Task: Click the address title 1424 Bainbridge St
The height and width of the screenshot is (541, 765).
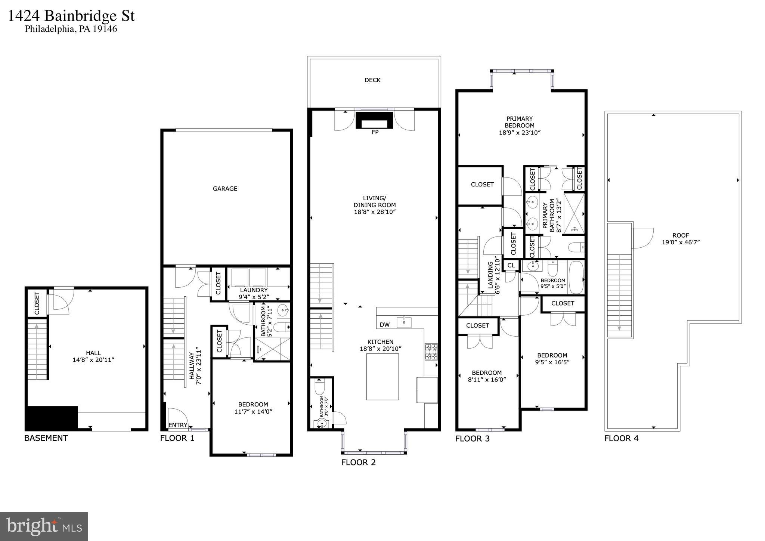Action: (71, 16)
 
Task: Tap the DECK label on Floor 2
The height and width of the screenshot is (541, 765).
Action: (372, 80)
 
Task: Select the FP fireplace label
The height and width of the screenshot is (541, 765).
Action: (375, 132)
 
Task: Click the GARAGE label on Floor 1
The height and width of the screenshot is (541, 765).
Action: (225, 189)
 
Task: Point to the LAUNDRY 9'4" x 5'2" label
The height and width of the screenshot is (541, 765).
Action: (254, 294)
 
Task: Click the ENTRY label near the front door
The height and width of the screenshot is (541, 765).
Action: (178, 425)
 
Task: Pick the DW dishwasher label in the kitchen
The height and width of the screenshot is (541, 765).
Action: (384, 325)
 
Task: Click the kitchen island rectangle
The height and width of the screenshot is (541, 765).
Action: (382, 377)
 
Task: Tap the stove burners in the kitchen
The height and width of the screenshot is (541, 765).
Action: (431, 352)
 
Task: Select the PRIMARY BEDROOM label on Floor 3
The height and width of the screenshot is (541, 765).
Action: (519, 126)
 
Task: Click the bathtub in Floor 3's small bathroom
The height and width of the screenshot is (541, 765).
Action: (575, 277)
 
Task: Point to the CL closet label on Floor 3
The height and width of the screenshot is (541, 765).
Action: (511, 265)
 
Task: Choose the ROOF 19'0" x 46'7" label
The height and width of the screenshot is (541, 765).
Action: (680, 239)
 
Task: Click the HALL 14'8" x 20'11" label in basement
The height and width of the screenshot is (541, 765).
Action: (93, 356)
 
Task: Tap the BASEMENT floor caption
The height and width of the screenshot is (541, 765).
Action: (46, 438)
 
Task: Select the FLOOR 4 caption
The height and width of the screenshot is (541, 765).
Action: (621, 438)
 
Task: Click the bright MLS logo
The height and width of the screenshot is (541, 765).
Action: (44, 526)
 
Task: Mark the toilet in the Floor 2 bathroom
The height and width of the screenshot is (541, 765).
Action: (320, 387)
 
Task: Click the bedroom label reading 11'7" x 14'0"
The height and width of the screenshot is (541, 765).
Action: (253, 408)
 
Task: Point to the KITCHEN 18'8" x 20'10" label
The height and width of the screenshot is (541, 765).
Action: (380, 345)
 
